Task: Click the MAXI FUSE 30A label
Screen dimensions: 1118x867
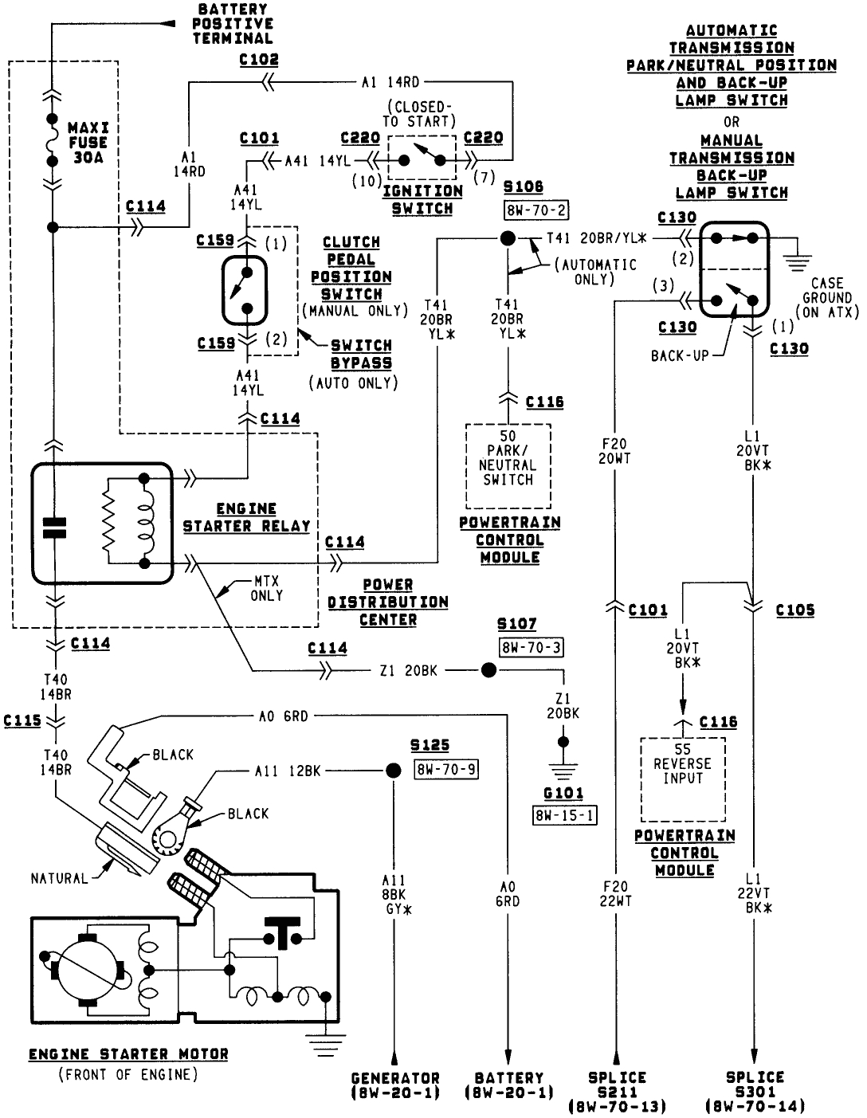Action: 88,143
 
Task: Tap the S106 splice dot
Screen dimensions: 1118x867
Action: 507,237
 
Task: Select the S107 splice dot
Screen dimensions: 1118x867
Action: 488,671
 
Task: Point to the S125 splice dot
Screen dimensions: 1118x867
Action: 392,771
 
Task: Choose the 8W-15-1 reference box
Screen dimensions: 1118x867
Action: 564,814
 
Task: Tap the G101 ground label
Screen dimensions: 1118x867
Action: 563,794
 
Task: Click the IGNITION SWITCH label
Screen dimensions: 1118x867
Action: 422,200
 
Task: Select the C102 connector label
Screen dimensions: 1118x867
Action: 259,60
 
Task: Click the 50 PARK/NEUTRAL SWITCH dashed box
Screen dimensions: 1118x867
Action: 508,465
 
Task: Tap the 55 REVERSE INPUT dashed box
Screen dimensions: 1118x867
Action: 683,779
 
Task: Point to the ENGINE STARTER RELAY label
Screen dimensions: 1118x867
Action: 246,517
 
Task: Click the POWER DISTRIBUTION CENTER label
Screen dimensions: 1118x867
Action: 388,602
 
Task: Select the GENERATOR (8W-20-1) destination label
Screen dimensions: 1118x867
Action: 395,1085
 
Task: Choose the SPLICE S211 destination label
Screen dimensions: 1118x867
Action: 617,1092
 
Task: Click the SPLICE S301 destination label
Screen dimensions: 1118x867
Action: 755,1092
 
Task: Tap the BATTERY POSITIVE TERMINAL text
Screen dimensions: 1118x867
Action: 233,23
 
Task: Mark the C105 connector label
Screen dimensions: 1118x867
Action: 794,610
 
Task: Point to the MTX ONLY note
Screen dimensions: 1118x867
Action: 266,589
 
